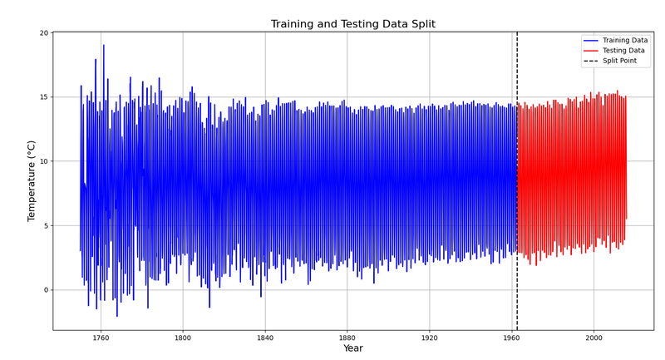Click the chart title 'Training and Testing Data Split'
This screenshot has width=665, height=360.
(x=352, y=24)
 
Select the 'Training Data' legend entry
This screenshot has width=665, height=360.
(x=615, y=40)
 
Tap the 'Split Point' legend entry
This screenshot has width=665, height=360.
(x=610, y=61)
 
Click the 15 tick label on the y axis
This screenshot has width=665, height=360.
(x=44, y=97)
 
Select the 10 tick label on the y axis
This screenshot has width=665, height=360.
(x=44, y=161)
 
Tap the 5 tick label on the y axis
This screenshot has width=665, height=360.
(x=47, y=225)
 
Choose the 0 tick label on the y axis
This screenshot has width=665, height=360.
(x=47, y=290)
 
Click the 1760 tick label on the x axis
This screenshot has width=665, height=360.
(x=101, y=338)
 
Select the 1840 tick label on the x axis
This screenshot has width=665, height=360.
(x=265, y=338)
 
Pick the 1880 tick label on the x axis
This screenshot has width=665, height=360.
(x=347, y=338)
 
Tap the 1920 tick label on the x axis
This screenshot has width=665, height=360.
(x=429, y=338)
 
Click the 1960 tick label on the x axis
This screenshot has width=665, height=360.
(x=511, y=338)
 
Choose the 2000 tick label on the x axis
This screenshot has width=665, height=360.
(x=594, y=338)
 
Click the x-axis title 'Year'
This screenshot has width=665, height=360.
(x=353, y=348)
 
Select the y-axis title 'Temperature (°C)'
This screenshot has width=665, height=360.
(x=32, y=181)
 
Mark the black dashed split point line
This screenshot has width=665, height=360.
(x=517, y=181)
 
